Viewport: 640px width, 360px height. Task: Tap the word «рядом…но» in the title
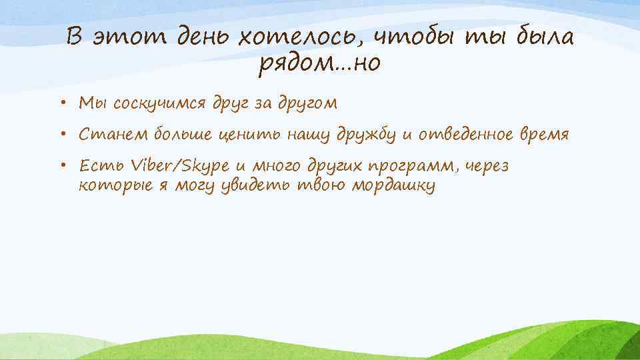tap(320, 65)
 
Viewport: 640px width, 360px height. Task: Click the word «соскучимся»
tap(160, 104)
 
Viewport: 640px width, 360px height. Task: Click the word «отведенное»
tap(464, 135)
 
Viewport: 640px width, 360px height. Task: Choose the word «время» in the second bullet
tap(544, 135)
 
